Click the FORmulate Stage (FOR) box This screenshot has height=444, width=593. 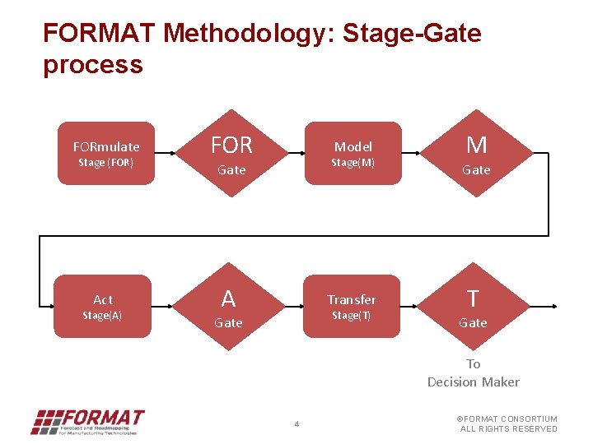click(105, 153)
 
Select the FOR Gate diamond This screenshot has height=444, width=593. click(231, 153)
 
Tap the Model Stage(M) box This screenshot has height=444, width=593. click(353, 153)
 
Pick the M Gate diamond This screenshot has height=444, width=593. click(476, 153)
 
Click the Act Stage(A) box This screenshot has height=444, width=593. click(102, 307)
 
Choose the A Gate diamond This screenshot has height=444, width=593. click(228, 307)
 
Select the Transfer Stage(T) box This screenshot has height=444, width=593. click(351, 307)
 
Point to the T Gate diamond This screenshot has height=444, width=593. click(473, 307)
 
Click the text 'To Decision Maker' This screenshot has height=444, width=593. click(473, 372)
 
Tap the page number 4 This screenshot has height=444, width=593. click(296, 424)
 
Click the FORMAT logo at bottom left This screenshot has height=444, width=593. click(87, 422)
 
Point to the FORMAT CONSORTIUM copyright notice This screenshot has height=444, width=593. click(507, 423)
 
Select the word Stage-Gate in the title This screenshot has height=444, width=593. click(411, 34)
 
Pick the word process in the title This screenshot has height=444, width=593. click(92, 64)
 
